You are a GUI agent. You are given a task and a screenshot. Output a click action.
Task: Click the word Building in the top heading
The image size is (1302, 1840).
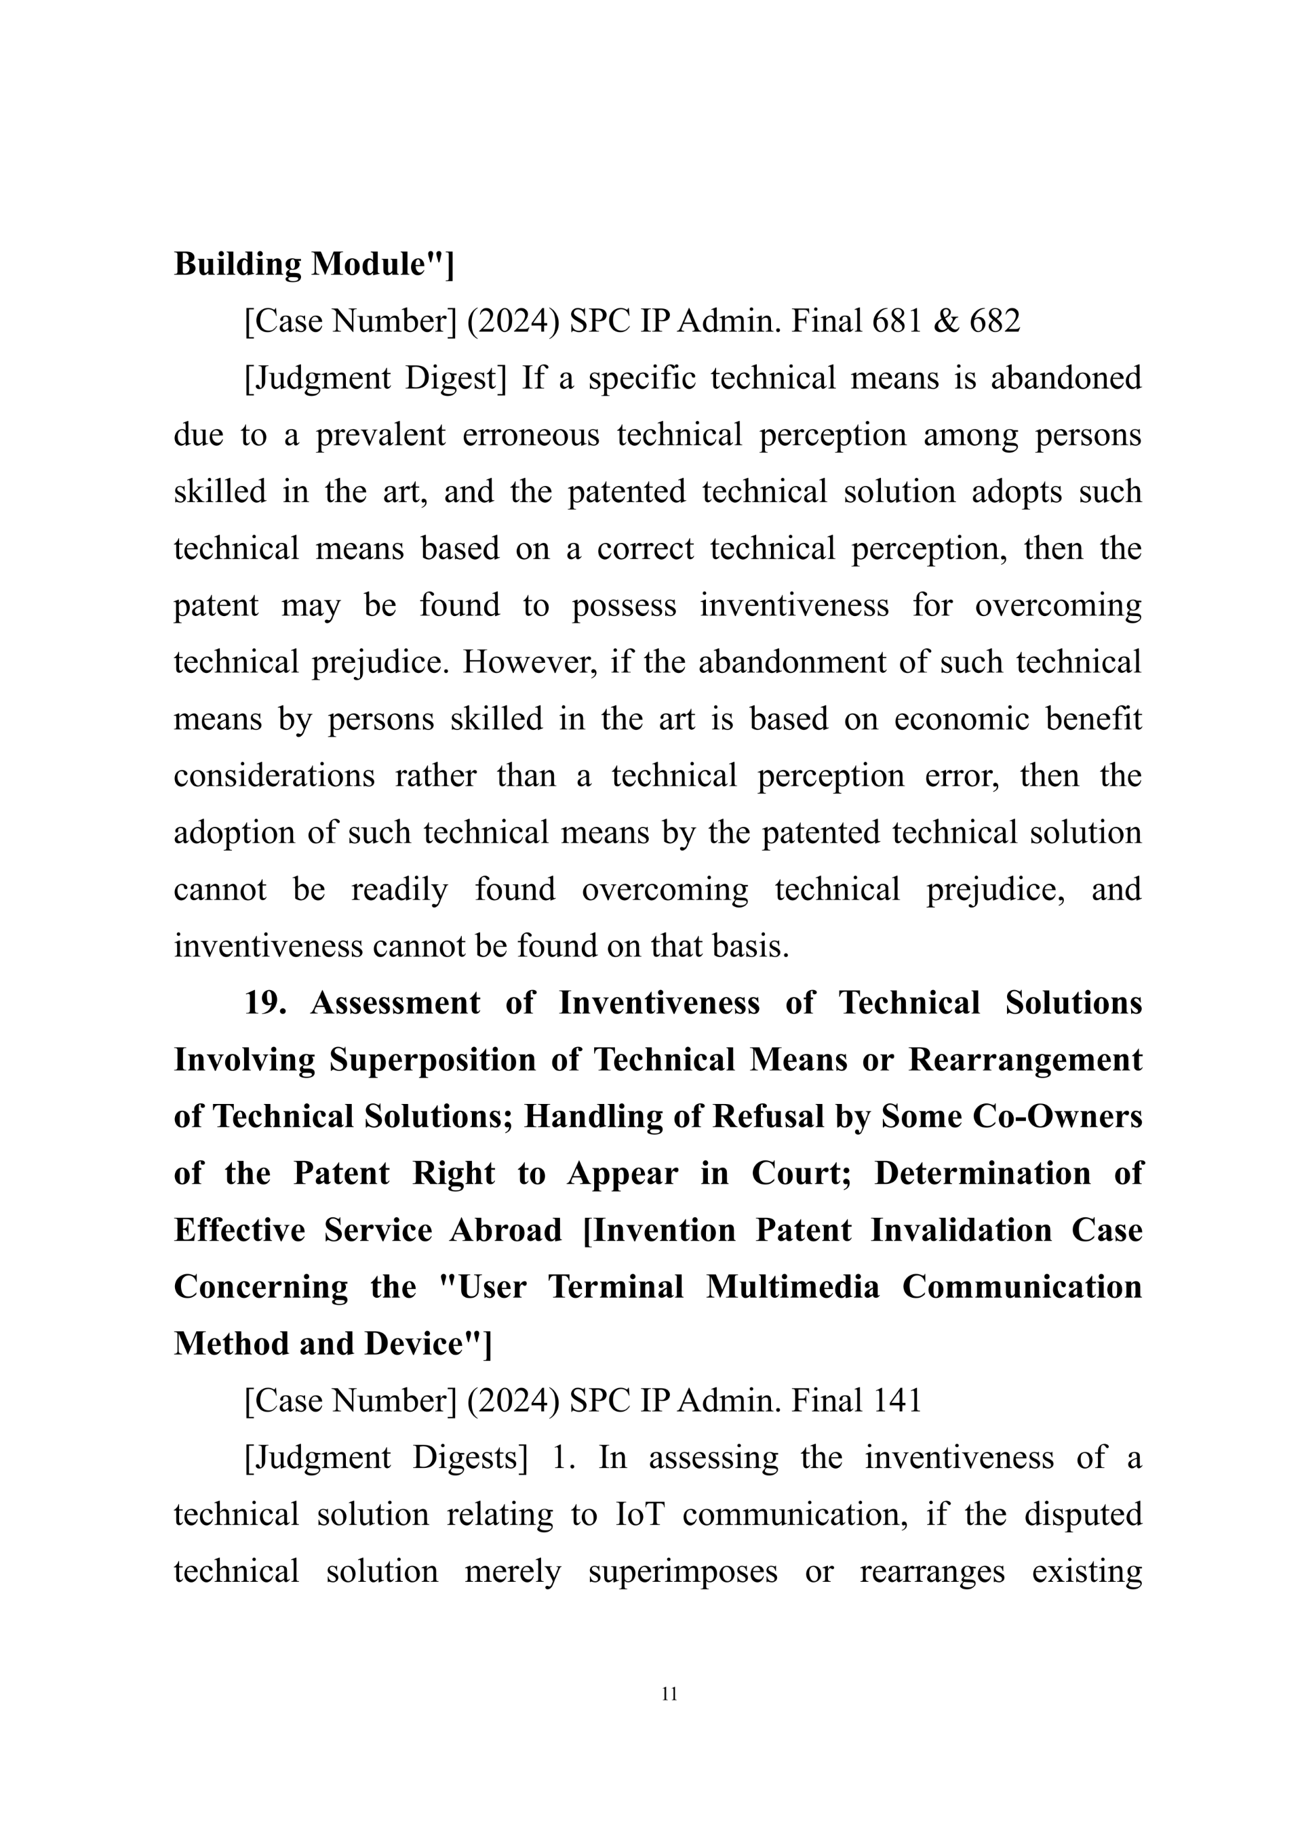[237, 264]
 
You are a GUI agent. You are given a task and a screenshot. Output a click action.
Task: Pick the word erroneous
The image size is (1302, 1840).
[531, 435]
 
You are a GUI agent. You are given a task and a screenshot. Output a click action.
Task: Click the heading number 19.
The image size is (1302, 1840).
[265, 1003]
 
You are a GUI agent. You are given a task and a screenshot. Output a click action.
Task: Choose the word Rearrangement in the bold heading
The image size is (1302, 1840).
[1025, 1060]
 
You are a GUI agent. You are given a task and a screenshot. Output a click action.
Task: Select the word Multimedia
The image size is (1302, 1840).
[793, 1288]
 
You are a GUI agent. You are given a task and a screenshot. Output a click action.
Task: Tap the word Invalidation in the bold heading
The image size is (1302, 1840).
[960, 1231]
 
